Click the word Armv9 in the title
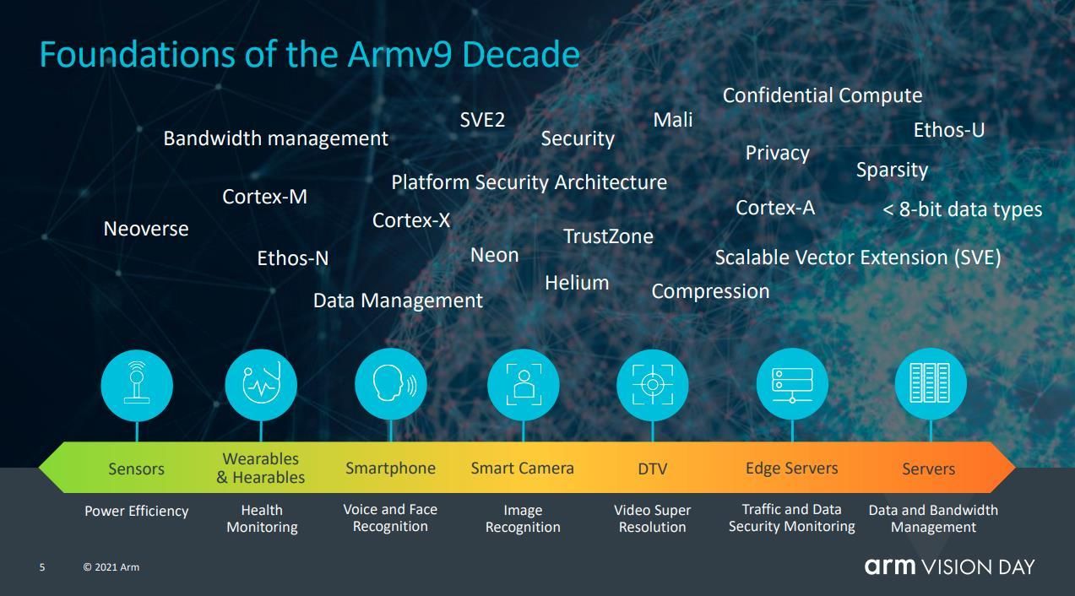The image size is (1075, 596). pos(399,54)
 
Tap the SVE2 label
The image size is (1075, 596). pos(482,120)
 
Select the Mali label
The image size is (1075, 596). pos(673,120)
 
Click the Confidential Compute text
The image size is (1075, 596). pos(823,95)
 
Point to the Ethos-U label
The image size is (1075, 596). pos(949,130)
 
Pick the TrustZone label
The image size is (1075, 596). pos(608,236)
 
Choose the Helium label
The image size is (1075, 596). pos(577,283)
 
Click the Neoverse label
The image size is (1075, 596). pos(146,229)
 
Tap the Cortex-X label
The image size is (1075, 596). pos(411,220)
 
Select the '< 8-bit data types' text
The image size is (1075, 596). pos(962,209)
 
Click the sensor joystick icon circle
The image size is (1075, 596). pos(137,386)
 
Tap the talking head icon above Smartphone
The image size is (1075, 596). pos(391,385)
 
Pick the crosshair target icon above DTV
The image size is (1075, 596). pos(653,385)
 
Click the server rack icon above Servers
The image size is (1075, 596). pos(931,384)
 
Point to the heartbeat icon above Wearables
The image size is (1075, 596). pos(261,385)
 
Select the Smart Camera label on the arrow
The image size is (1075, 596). pos(522,468)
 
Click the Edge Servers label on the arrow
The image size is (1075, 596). pos(792,468)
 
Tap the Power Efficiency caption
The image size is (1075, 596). pos(136,511)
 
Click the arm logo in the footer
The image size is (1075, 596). pos(890,566)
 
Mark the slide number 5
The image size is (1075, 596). pos(42,567)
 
